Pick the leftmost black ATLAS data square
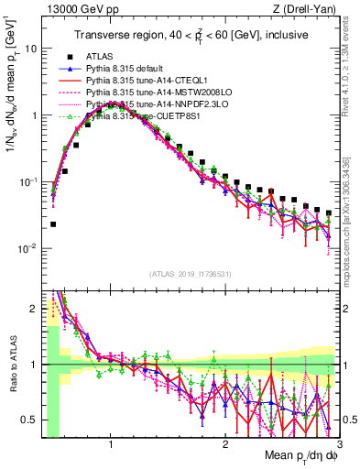(x=53, y=224)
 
